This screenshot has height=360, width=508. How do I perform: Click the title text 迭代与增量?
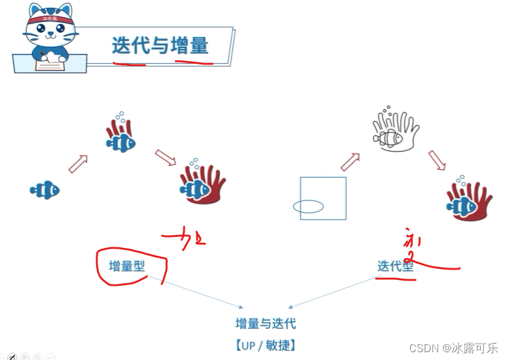160,45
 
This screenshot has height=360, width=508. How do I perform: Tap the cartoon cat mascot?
48,36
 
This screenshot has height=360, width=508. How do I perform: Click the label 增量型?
127,266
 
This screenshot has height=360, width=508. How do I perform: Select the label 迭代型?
395,266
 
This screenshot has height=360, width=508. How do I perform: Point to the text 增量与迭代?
265,323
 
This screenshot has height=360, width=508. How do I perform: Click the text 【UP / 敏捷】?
265,345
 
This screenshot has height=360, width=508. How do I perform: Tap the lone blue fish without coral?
45,189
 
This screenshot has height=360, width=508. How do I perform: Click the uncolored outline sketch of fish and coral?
395,131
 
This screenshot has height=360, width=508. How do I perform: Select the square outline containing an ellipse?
323,198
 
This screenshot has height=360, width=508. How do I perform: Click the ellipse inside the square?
308,207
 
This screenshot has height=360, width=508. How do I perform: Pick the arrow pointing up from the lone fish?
78,164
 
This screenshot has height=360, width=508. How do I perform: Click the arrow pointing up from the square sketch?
350,162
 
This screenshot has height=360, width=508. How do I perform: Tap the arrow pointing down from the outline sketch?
437,159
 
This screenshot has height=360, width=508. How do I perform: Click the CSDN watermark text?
453,348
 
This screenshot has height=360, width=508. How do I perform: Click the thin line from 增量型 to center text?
195,292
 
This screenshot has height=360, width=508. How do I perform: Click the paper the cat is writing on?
50,62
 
